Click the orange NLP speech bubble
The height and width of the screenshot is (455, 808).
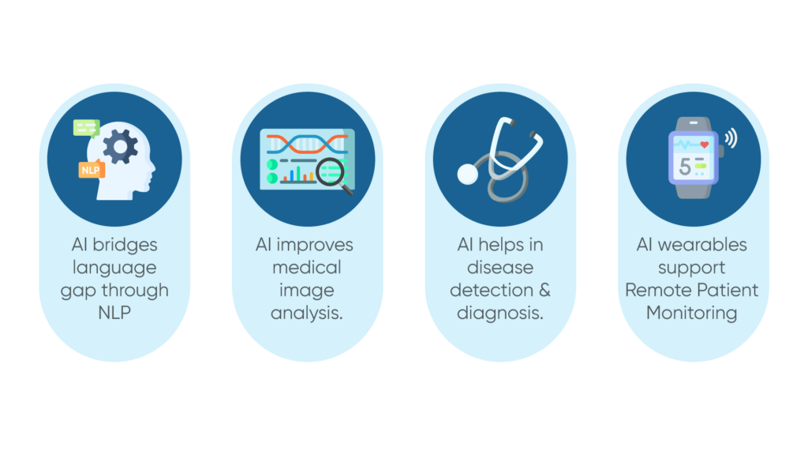point(92,170)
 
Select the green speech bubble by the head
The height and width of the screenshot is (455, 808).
point(86,128)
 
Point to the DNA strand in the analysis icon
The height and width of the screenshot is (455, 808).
point(307,144)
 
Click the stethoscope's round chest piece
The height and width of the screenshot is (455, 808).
point(468,173)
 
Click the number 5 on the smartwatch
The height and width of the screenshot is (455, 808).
point(684,167)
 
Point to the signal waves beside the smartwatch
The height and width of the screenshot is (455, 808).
point(731,139)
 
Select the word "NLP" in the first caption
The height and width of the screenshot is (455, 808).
point(114,312)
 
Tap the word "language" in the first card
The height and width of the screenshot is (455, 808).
point(114,268)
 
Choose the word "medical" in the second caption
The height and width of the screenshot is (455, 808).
point(306,267)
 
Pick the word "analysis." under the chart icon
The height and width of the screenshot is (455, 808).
point(307,313)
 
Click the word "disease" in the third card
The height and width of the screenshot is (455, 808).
point(500,267)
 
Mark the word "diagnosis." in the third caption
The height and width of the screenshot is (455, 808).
point(500,312)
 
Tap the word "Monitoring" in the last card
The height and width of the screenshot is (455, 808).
point(692,312)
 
